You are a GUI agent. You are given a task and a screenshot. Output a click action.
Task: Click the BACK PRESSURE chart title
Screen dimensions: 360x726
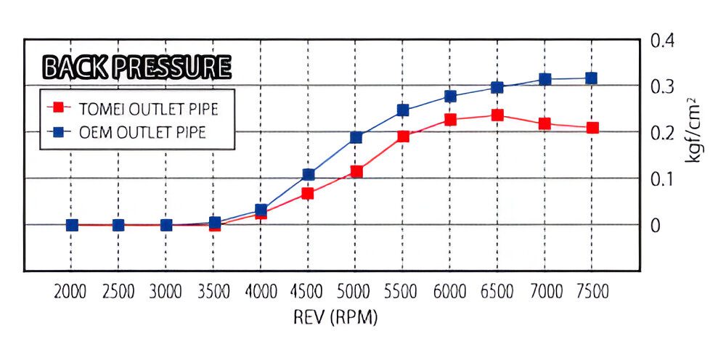click(137, 67)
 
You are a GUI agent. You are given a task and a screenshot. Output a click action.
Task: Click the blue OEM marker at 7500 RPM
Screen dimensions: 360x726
click(592, 78)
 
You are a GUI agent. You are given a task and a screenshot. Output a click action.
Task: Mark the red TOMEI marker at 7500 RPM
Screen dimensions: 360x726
click(593, 128)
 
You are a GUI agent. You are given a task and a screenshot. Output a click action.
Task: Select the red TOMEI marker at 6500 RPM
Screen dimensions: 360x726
click(497, 115)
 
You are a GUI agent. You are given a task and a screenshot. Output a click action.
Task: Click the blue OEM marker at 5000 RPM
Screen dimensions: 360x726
click(356, 137)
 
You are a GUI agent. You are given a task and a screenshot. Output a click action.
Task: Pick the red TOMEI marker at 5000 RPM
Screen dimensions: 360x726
click(356, 172)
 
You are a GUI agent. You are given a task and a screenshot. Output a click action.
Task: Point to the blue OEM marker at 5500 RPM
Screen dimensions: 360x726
click(403, 110)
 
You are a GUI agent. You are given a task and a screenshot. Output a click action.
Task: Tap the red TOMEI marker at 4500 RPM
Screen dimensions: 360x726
click(308, 194)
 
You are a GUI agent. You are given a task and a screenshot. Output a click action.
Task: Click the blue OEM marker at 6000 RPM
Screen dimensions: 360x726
click(450, 96)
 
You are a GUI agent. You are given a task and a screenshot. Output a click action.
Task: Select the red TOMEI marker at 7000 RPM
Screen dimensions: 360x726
click(544, 124)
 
